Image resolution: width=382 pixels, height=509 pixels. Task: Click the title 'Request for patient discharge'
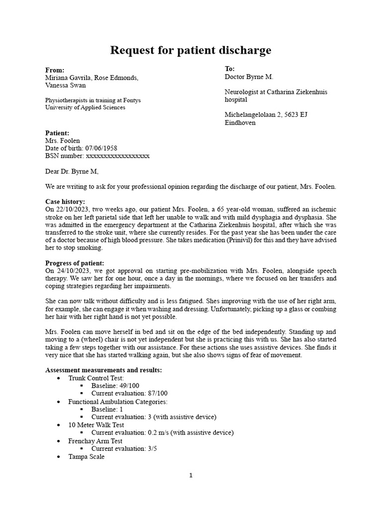tap(191, 50)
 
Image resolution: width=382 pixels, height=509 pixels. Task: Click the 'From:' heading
tap(55, 70)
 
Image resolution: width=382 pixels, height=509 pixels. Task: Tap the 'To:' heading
tap(230, 69)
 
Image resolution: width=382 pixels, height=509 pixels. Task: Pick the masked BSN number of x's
tap(118, 156)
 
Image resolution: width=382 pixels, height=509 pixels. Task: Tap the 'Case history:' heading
tap(65, 202)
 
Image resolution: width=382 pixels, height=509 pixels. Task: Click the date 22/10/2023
tap(71, 209)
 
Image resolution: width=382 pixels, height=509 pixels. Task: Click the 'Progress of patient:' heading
tap(75, 263)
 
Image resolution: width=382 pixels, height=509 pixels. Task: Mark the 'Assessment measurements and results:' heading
tap(103, 370)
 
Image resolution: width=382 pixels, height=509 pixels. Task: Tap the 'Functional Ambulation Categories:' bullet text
tap(118, 401)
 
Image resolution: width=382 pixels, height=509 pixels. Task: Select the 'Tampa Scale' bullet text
tap(87, 456)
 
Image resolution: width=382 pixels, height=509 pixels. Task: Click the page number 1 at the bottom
tap(191, 475)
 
